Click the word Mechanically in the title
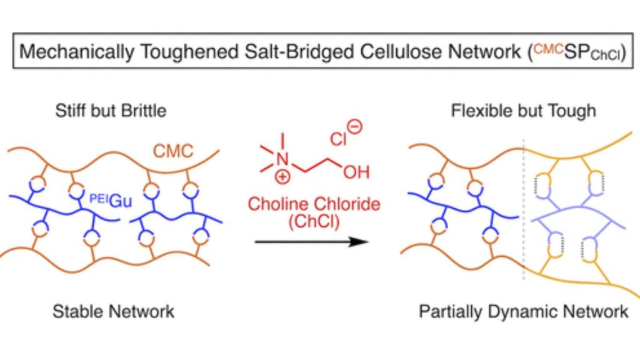point(76,52)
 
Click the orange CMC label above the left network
point(173,151)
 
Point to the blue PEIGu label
point(111,200)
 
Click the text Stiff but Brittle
point(111,111)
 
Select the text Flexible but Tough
point(523,111)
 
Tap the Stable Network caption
point(114,312)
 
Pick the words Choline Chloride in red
point(314,204)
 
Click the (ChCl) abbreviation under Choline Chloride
point(314,222)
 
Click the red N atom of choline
point(282,159)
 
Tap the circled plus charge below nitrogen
point(282,177)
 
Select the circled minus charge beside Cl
point(355,126)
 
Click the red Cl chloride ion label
point(338,139)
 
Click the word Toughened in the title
point(189,52)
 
